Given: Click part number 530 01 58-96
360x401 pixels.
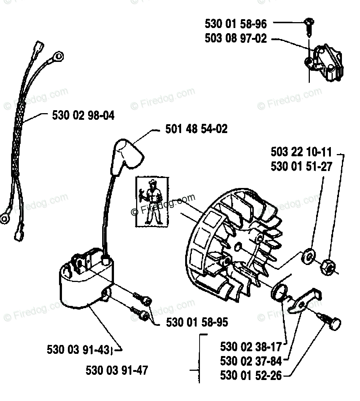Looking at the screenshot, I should (x=235, y=24).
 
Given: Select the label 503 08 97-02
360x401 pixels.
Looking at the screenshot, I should (x=235, y=38).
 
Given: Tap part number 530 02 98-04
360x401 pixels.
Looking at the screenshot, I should (x=83, y=116).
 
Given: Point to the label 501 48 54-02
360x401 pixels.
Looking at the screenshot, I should (x=196, y=129).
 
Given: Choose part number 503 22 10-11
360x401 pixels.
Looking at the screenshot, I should (x=301, y=152).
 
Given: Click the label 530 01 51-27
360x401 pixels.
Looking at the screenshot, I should (x=301, y=166).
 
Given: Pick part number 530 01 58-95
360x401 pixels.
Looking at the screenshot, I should (x=197, y=322).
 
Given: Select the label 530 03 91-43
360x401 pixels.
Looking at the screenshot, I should (x=78, y=349).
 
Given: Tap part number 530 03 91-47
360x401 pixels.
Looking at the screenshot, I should (x=117, y=370).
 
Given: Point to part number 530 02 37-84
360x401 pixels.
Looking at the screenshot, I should (x=251, y=361).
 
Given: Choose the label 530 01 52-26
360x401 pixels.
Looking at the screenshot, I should (x=251, y=375).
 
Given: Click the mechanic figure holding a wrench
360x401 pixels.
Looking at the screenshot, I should (x=153, y=202).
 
